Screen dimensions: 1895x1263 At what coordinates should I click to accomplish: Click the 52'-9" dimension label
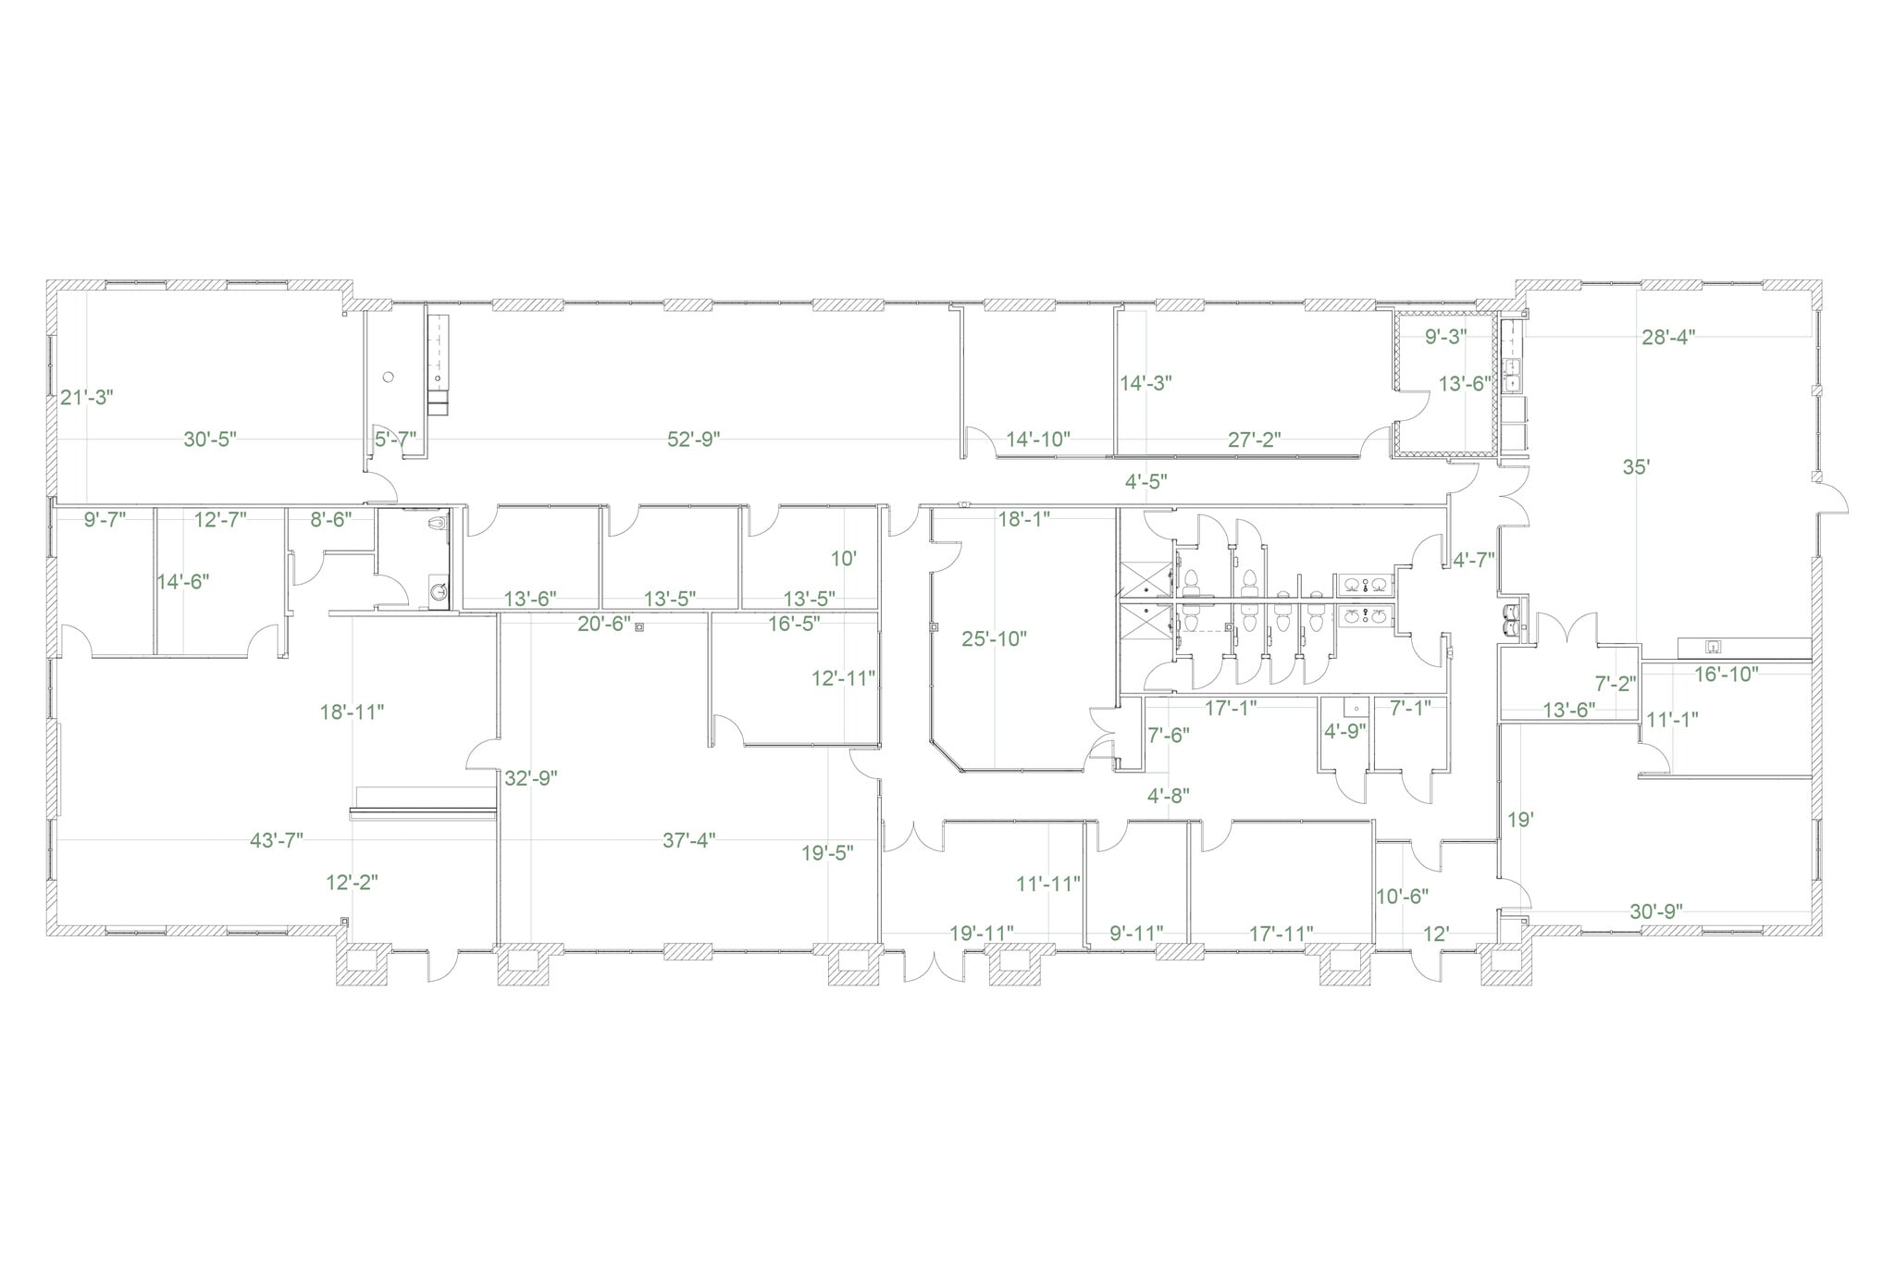[x=693, y=440]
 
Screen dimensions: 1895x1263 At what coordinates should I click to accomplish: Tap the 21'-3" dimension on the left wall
[x=86, y=398]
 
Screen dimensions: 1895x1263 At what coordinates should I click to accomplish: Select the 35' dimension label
[x=1636, y=467]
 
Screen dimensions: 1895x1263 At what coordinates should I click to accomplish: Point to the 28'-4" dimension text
[x=1667, y=338]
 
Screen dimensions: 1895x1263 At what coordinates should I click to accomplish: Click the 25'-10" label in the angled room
[x=994, y=638]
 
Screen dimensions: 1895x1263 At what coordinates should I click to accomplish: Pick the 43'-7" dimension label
[x=277, y=840]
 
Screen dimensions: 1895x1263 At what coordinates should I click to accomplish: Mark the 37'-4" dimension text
[x=688, y=840]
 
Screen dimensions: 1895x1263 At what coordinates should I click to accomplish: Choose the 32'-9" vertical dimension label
[x=531, y=778]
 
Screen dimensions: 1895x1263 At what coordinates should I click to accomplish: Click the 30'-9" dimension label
[x=1655, y=911]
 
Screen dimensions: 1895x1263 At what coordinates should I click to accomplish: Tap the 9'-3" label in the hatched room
[x=1445, y=338]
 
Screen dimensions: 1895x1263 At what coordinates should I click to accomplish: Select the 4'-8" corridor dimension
[x=1168, y=795]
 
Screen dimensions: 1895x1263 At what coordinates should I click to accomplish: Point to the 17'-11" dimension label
[x=1281, y=934]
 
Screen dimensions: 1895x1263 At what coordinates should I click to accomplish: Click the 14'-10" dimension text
[x=1038, y=440]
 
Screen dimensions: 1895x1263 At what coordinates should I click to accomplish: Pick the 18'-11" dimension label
[x=352, y=712]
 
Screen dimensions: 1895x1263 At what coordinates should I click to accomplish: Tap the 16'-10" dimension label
[x=1726, y=675]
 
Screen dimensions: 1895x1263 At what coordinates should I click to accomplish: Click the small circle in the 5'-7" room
[x=389, y=377]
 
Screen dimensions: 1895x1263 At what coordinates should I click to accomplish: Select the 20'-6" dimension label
[x=603, y=625]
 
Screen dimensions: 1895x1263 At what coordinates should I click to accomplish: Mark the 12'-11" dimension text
[x=843, y=678]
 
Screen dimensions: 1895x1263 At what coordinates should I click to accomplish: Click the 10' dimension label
[x=843, y=559]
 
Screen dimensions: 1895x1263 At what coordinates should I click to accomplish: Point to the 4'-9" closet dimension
[x=1345, y=731]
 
